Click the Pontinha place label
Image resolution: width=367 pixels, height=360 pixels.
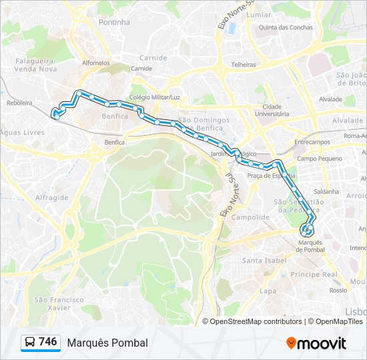pos(114,22)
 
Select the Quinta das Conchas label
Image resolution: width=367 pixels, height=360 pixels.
pos(286,27)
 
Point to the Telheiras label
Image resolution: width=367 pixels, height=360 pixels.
pos(244,65)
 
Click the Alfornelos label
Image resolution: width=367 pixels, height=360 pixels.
pos(95,63)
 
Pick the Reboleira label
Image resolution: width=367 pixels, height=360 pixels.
pos(19,103)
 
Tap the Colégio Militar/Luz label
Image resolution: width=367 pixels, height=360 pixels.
pos(155,97)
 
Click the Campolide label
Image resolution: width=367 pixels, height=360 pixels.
pos(250,217)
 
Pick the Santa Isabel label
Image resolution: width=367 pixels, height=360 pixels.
pos(262,260)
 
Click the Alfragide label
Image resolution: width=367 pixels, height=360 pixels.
pos(51,198)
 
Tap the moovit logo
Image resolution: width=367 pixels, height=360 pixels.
pos(316,343)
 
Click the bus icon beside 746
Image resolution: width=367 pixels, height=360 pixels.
pos(30,343)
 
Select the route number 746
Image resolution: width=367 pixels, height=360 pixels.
pos(48,342)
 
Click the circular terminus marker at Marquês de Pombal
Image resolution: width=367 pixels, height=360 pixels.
pos(308,231)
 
